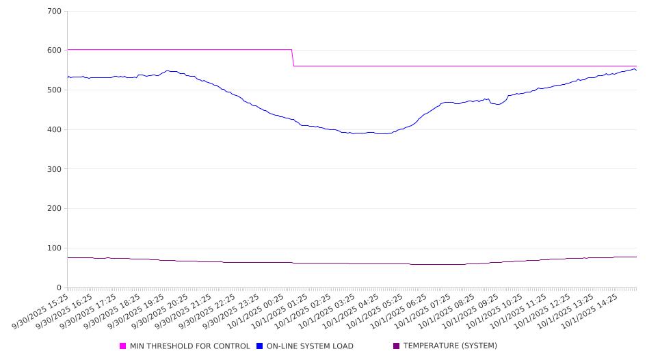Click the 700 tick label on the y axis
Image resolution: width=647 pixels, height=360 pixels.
pos(55,12)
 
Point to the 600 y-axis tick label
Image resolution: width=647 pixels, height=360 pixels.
pos(55,51)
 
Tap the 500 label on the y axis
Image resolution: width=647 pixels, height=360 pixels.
pos(55,90)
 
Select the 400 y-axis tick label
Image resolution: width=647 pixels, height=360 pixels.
pos(55,130)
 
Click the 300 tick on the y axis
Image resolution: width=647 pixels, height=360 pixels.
pos(55,169)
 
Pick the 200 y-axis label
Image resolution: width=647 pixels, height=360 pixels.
pos(55,209)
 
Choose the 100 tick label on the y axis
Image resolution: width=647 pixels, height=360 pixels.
pos(55,248)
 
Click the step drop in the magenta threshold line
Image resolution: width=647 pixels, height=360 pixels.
pos(293,58)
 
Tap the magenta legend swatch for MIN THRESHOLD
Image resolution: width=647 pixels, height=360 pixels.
pos(123,346)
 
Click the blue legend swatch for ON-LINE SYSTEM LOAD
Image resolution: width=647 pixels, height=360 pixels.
pos(260,346)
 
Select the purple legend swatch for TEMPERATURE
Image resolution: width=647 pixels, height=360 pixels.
pos(397,346)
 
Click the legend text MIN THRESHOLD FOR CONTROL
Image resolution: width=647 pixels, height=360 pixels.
pos(189,346)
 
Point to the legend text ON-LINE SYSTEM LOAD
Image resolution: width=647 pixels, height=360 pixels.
pos(310,346)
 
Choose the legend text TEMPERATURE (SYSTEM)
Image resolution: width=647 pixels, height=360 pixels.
pos(450,346)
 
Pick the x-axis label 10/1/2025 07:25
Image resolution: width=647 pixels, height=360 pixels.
pos(432,311)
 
